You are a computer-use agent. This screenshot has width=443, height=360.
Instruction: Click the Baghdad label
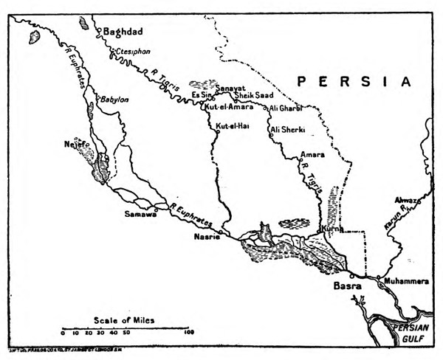point(123,31)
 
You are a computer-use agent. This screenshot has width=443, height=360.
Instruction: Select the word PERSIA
point(352,80)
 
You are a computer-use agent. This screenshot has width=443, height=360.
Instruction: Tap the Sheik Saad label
point(253,97)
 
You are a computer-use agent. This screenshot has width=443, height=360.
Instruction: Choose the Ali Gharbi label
point(288,108)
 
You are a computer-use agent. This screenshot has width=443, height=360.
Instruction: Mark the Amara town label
point(312,155)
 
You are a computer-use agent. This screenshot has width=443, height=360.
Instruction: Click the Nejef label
point(76,146)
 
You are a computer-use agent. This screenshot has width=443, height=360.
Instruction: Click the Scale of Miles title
point(126,319)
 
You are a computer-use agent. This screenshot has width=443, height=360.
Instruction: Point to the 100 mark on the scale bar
point(189,333)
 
